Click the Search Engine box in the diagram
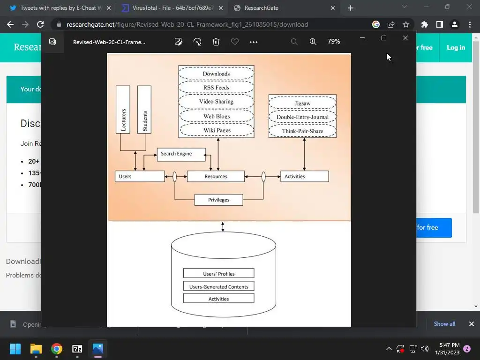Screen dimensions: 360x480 click(x=181, y=154)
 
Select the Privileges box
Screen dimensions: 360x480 click(x=218, y=200)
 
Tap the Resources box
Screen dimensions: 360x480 click(x=216, y=177)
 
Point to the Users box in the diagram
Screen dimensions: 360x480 click(x=140, y=177)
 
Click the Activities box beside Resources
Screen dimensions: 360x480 click(x=304, y=177)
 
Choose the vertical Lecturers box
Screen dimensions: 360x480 click(x=123, y=110)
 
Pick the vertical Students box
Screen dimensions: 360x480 click(x=144, y=110)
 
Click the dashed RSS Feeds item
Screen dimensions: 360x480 click(x=216, y=88)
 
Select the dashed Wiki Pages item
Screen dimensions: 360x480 click(x=217, y=130)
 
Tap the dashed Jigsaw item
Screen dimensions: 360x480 click(x=302, y=103)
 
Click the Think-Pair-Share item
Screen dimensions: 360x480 click(x=302, y=131)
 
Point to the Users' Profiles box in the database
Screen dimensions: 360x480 click(x=218, y=274)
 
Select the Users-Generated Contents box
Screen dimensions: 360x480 click(x=218, y=286)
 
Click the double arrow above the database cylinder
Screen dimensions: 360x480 click(x=223, y=227)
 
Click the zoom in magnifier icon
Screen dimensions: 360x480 click(x=313, y=42)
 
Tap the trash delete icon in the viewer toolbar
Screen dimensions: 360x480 click(x=216, y=42)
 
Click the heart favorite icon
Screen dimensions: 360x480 click(x=235, y=42)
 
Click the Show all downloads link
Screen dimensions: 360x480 click(x=444, y=324)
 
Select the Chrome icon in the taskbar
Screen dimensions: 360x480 click(x=57, y=349)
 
